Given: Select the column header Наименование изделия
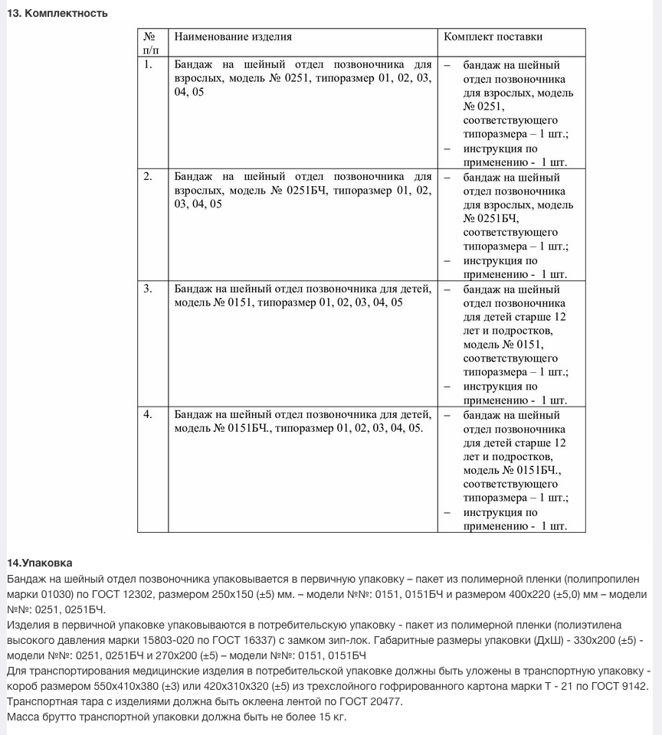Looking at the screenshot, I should (233, 37).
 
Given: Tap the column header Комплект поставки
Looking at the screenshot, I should (493, 37).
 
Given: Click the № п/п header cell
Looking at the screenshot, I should (152, 43).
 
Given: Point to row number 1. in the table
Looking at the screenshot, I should (149, 65).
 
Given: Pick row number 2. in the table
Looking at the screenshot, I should (149, 177).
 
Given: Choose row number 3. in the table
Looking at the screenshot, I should (149, 289).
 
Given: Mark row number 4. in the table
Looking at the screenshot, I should (149, 414).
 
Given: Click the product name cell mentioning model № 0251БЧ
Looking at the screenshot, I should (303, 190).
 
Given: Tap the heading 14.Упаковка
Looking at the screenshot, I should (39, 563).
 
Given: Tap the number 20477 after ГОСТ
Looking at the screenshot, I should (379, 702).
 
